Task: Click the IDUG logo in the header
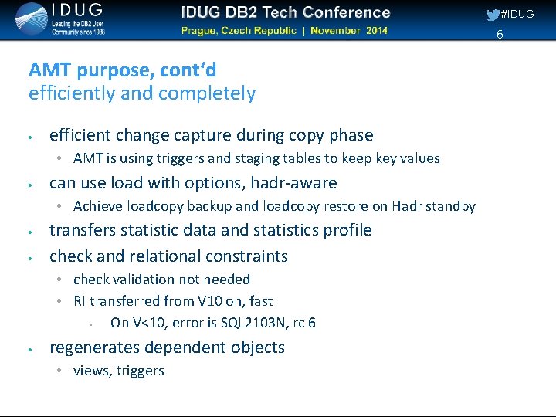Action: tap(59, 19)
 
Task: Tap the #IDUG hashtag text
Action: tap(517, 15)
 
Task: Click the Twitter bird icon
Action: tap(493, 15)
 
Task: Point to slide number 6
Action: tap(500, 34)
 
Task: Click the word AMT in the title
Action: tap(47, 70)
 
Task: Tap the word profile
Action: tap(347, 230)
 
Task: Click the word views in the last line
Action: tap(91, 371)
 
